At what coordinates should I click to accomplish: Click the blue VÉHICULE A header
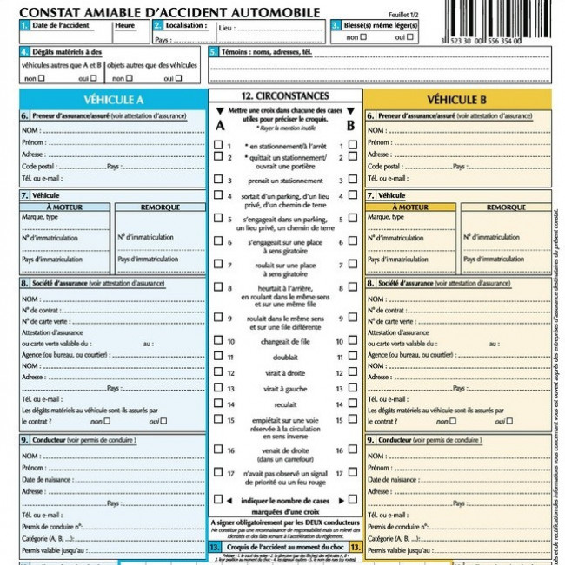[x=114, y=99]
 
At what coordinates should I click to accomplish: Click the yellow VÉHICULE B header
[x=458, y=99]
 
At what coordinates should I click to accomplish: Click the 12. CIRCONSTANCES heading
[x=285, y=95]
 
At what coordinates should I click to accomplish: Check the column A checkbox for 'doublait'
[x=218, y=357]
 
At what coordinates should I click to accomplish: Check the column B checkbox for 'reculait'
[x=352, y=404]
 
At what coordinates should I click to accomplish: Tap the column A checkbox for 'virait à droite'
[x=218, y=372]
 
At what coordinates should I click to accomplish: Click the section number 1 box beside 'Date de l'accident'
[x=23, y=26]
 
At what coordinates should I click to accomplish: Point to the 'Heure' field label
[x=124, y=26]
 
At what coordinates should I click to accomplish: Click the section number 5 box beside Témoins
[x=214, y=52]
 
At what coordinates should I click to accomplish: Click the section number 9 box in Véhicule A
[x=23, y=440]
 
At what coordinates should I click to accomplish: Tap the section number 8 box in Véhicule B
[x=370, y=283]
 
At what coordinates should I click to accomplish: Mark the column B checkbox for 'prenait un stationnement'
[x=352, y=181]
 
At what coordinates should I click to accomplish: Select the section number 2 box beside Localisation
[x=156, y=26]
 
